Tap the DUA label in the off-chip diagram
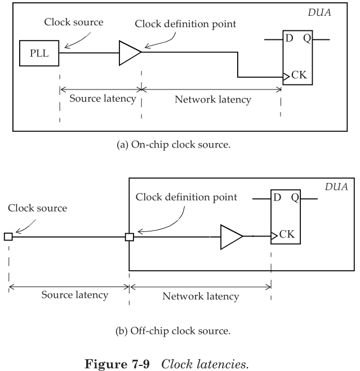(336, 186)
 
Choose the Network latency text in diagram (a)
(213, 100)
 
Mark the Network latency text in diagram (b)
(201, 296)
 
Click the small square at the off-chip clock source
(8, 237)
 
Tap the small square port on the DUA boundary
(129, 237)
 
